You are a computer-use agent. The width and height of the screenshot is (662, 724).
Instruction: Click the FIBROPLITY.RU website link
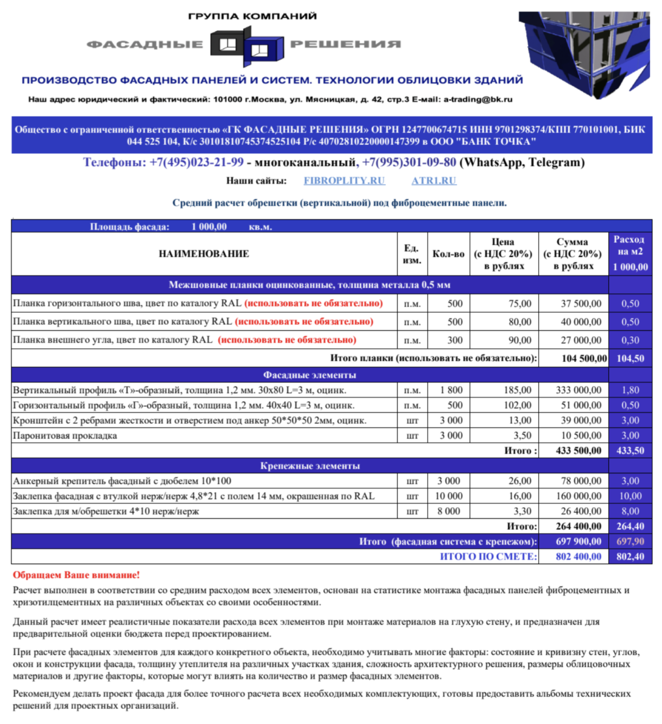tap(344, 181)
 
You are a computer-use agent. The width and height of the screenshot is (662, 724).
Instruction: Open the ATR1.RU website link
tap(434, 181)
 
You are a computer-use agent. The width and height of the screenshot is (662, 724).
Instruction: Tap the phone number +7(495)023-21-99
tap(196, 162)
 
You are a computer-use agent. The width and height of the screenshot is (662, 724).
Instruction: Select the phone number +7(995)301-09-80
tap(409, 162)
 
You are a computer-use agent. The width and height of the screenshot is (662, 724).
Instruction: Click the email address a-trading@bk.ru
tap(478, 99)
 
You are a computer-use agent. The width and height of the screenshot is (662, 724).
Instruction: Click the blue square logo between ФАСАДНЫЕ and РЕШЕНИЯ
tap(247, 45)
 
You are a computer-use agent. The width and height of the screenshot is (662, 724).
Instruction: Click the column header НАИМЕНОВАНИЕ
tap(204, 254)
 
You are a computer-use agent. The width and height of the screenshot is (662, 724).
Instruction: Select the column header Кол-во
tap(448, 254)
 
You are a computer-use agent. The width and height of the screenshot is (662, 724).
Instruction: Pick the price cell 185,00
tap(518, 390)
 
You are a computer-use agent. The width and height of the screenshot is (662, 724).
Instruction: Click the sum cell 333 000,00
tap(578, 390)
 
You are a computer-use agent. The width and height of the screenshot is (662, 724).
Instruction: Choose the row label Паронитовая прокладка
tap(65, 435)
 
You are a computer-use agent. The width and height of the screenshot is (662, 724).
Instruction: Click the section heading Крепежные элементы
tap(310, 466)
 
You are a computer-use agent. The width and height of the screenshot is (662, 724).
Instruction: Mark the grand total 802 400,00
tap(578, 556)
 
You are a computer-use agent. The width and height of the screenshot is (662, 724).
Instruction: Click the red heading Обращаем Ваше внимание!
tap(76, 575)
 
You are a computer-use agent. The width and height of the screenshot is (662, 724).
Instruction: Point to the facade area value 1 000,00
tap(209, 227)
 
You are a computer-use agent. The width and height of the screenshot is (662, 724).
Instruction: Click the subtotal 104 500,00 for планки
tap(584, 358)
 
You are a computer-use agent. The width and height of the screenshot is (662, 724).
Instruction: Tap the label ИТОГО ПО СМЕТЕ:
tap(488, 556)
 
